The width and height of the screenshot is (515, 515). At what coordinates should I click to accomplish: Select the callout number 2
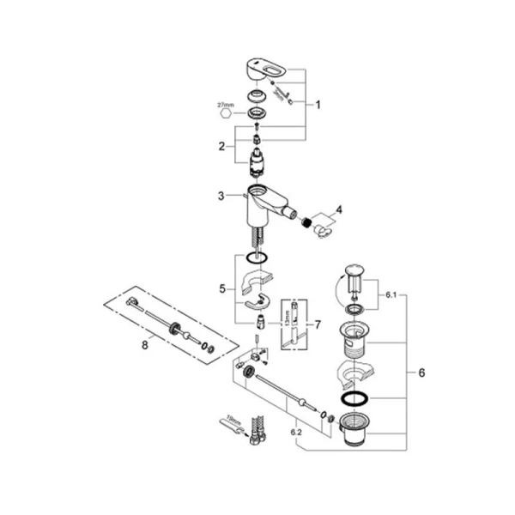(x=221, y=147)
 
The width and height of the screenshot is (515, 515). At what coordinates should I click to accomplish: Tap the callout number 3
(x=221, y=197)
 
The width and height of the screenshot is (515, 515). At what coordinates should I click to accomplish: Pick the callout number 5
(x=221, y=290)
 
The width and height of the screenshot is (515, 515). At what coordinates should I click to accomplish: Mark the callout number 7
(x=317, y=324)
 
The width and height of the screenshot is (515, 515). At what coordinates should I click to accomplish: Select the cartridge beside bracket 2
(x=256, y=163)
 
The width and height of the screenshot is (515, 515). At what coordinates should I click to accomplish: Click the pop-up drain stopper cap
(x=353, y=273)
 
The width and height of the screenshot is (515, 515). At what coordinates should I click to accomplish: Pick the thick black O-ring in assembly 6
(x=353, y=399)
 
